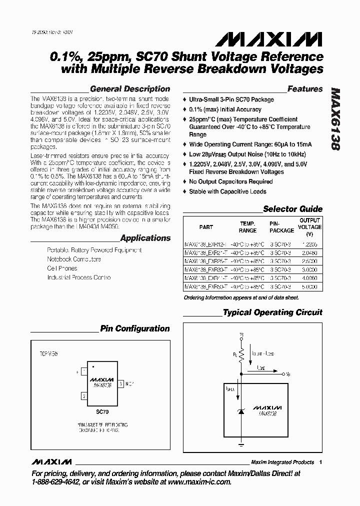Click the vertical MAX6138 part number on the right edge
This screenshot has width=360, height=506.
tap(336, 120)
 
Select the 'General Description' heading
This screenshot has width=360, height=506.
tap(129, 89)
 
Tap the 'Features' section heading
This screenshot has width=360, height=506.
tap(305, 89)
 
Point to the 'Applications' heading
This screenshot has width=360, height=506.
tap(145, 238)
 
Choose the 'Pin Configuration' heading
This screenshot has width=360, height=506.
tap(135, 328)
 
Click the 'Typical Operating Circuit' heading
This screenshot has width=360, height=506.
tap(272, 312)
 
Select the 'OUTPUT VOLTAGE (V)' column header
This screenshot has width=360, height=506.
tap(310, 227)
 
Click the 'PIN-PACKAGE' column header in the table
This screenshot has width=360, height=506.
tap(282, 227)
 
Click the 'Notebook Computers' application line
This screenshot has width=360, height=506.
tap(74, 259)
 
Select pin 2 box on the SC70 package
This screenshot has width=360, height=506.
tap(84, 396)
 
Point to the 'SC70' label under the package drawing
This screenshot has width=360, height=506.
tap(102, 412)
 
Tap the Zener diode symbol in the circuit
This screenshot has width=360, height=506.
tap(241, 410)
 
